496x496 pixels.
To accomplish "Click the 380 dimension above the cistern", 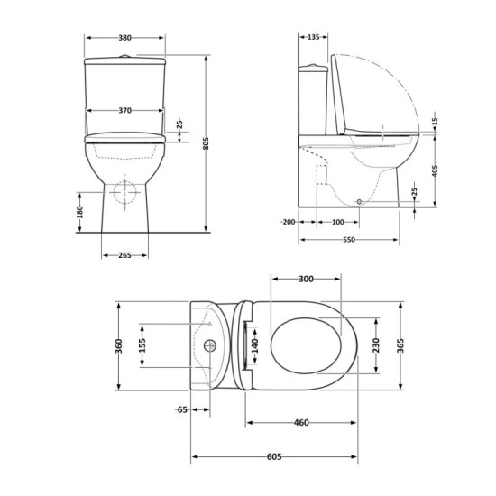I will point(125,38).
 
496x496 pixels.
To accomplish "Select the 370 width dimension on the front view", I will point(125,110).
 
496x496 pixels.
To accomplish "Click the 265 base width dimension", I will point(124,255).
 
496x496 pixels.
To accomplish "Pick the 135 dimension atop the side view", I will point(312,38).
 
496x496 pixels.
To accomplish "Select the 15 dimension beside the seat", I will point(434,121).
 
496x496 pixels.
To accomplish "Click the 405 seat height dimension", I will point(434,172).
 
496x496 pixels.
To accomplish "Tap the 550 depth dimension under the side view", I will point(348,240).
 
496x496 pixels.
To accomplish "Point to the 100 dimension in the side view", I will point(336,222).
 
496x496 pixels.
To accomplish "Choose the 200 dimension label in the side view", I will point(289,222).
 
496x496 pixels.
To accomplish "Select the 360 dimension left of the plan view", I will point(117,345).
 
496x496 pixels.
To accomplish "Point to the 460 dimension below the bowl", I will point(301,422).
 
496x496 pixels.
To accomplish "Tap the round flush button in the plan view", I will point(214,345).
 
